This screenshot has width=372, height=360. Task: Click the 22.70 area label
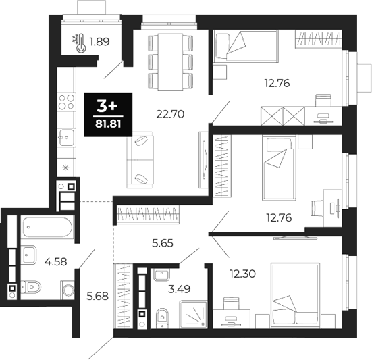pyautogui.click(x=152, y=114)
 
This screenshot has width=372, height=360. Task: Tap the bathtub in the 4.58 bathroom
pyautogui.click(x=45, y=227)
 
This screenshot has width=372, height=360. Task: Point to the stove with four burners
pyautogui.click(x=66, y=103)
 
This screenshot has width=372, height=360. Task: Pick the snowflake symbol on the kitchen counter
pyautogui.click(x=65, y=167)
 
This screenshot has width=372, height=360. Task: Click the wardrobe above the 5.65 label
pyautogui.click(x=148, y=215)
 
